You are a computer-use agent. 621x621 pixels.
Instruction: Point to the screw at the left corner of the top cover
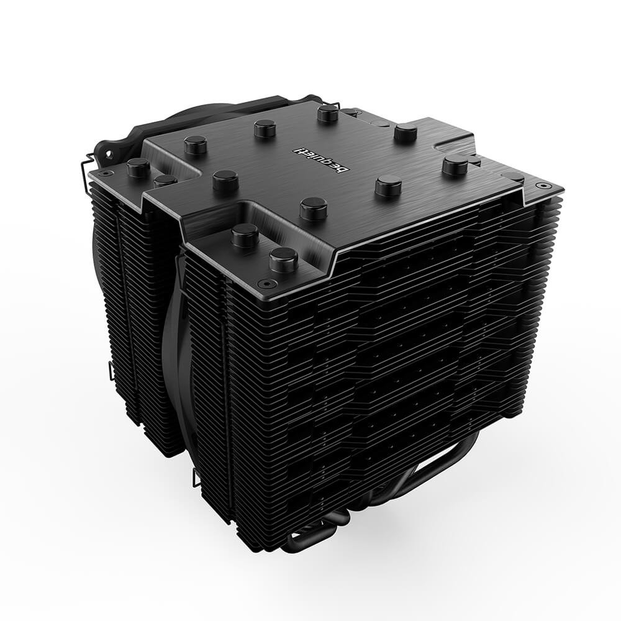[106, 173]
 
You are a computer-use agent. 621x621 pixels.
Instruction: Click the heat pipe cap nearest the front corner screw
[284, 260]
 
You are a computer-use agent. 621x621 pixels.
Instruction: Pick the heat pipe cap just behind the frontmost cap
[245, 236]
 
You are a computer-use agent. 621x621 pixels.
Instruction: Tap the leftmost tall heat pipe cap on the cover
[138, 168]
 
